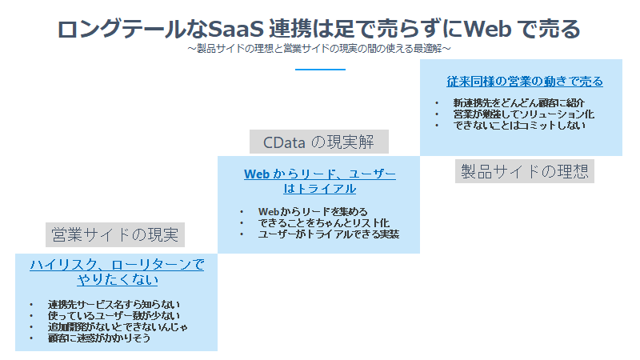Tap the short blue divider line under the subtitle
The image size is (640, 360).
pos(319,70)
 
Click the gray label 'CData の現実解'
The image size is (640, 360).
pos(318,142)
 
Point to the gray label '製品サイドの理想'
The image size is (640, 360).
pos(524,171)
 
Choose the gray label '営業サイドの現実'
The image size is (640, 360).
pos(115,235)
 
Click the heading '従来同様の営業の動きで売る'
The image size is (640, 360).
pos(524,82)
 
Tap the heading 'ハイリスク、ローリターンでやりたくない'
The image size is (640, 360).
pos(117,272)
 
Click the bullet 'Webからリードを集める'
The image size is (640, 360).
pos(307,212)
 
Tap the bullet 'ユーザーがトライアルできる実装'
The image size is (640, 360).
pos(328,234)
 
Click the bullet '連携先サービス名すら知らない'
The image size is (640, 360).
pos(113,305)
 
